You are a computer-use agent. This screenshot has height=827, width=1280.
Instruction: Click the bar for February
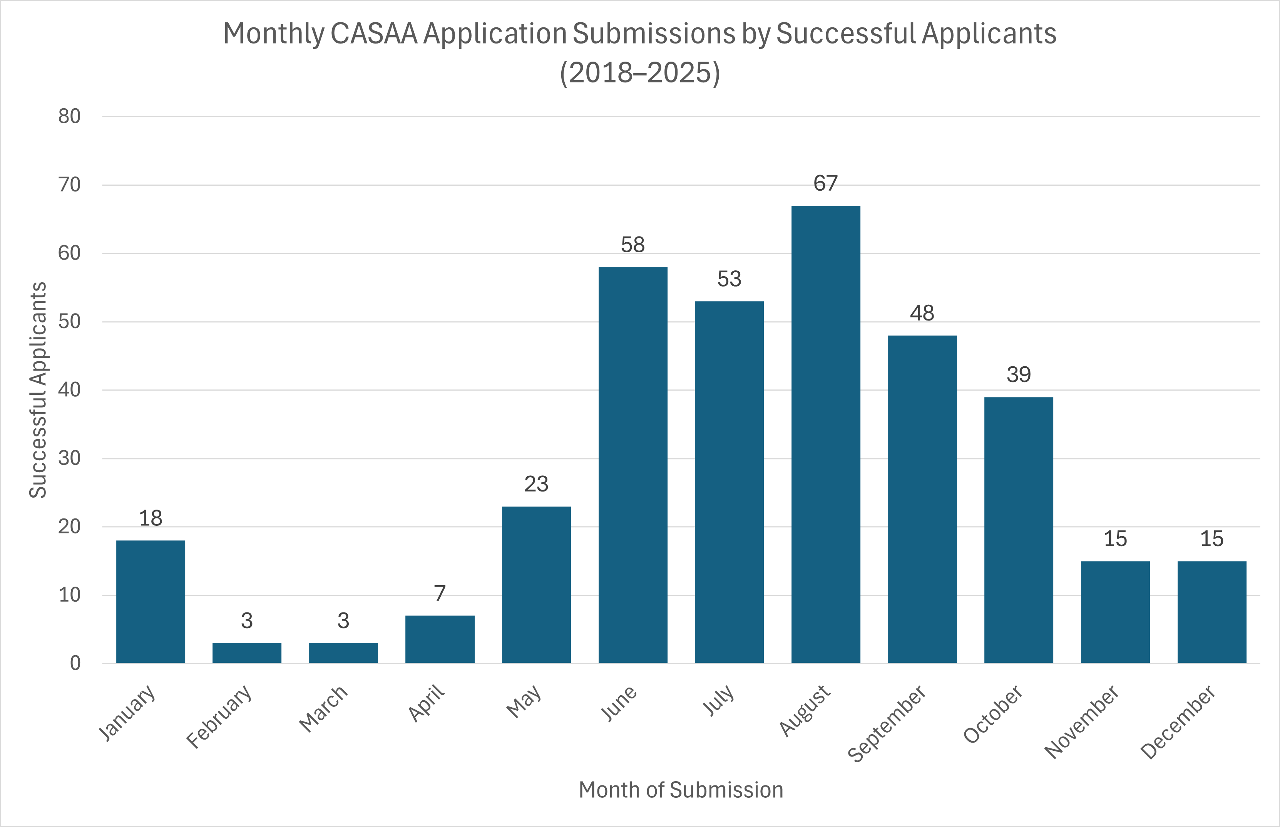pyautogui.click(x=247, y=653)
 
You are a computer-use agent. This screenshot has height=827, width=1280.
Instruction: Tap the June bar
pyautogui.click(x=633, y=465)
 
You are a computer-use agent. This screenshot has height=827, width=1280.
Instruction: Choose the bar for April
pyautogui.click(x=440, y=639)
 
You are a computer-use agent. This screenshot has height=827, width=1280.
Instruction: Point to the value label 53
pyautogui.click(x=729, y=279)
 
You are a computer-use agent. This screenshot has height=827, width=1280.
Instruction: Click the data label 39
pyautogui.click(x=1019, y=375)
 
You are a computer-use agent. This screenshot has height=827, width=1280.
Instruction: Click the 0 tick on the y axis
pyautogui.click(x=75, y=664)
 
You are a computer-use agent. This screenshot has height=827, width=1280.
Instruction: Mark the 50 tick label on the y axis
pyautogui.click(x=69, y=322)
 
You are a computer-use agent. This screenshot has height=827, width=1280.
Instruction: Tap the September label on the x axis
pyautogui.click(x=887, y=723)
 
